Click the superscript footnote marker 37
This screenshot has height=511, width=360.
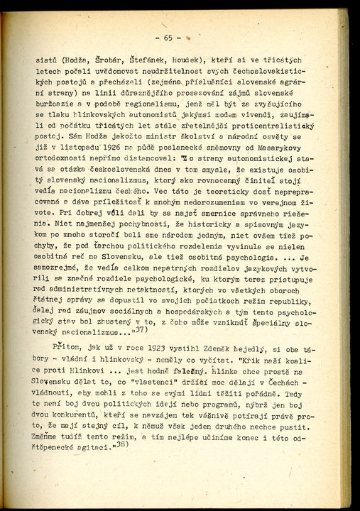(x=141, y=329)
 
